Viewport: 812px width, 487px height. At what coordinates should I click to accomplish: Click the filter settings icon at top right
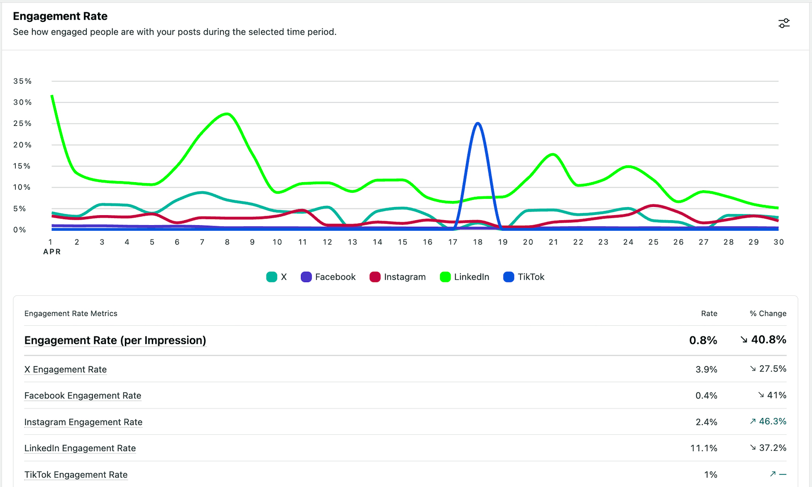784,23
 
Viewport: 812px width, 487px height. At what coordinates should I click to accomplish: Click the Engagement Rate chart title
60,16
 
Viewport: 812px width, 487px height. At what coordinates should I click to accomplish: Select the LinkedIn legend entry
465,277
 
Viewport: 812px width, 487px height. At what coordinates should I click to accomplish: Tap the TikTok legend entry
524,277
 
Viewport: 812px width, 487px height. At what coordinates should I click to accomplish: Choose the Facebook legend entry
328,277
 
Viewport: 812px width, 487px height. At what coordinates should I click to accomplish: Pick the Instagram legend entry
398,277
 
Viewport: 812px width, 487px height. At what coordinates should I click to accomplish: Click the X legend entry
277,277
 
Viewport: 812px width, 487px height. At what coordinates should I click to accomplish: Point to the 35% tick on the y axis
22,81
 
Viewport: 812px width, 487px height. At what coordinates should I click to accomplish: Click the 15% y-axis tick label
22,166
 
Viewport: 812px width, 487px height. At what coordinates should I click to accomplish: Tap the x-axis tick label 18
478,242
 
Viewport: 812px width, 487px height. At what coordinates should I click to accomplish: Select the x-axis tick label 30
779,242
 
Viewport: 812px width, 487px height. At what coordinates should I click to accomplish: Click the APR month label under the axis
52,252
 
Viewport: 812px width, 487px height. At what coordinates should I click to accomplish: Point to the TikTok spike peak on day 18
478,123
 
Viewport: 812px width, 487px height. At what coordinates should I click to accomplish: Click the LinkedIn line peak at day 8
227,114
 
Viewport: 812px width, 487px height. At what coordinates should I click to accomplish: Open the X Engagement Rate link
65,369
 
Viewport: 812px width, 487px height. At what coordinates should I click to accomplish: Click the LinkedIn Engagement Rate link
80,448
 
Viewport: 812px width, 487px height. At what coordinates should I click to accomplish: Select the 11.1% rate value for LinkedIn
703,448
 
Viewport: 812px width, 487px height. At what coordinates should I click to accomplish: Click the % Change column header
768,314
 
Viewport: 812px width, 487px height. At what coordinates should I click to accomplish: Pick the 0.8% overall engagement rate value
703,340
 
